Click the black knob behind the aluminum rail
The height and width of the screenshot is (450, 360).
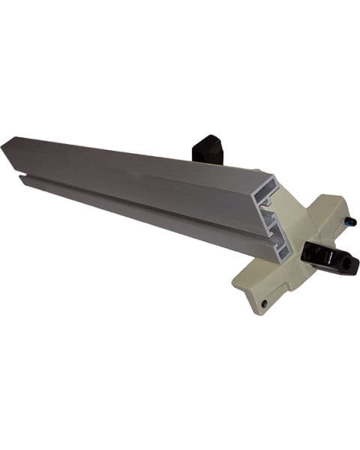(x=207, y=148)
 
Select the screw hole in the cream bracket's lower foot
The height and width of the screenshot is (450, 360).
(x=263, y=303)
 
